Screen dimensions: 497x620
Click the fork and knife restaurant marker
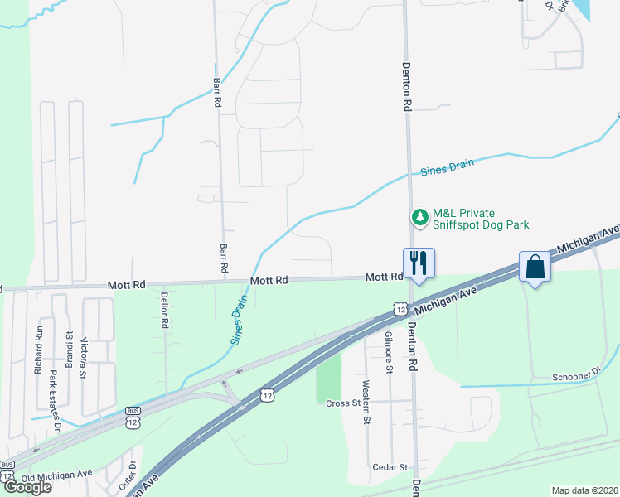(418, 263)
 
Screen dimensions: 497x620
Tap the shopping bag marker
(535, 268)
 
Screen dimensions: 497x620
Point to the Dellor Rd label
(165, 310)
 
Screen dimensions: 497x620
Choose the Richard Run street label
(38, 350)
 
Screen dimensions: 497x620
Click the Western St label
(366, 402)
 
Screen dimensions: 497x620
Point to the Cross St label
(342, 403)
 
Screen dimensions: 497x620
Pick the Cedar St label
(390, 467)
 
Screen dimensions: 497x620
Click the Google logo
(27, 487)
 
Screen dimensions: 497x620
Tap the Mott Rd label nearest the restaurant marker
(384, 277)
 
